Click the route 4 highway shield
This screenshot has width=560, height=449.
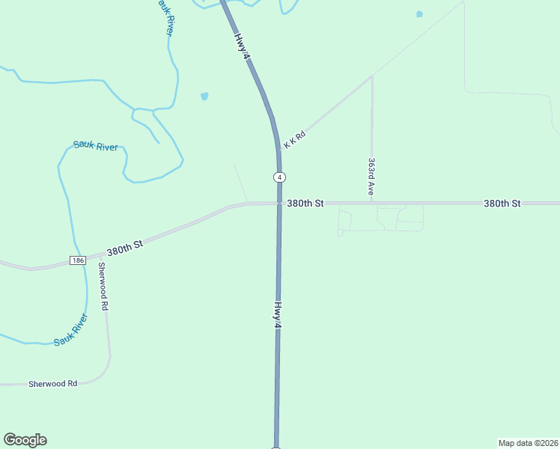279,177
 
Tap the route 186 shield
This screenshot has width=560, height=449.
79,260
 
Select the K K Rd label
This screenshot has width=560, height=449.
296,140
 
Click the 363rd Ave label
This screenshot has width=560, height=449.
371,177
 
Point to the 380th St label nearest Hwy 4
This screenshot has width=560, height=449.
304,203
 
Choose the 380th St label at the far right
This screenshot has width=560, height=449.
502,203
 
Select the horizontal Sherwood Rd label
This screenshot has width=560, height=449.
53,383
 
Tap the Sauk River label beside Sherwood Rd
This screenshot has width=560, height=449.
70,330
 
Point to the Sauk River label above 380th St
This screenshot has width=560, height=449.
95,147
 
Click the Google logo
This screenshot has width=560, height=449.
25,440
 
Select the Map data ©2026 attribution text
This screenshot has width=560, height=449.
528,442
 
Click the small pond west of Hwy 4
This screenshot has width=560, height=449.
204,96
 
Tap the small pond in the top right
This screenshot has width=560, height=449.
419,13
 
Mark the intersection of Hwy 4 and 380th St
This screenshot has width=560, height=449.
279,203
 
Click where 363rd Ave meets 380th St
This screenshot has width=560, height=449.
371,203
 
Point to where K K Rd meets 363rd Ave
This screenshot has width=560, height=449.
372,76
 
